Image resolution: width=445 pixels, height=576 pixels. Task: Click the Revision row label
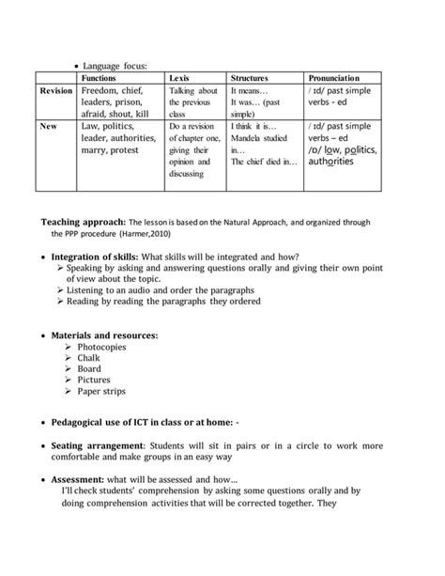(x=56, y=91)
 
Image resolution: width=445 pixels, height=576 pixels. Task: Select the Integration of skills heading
(x=94, y=257)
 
